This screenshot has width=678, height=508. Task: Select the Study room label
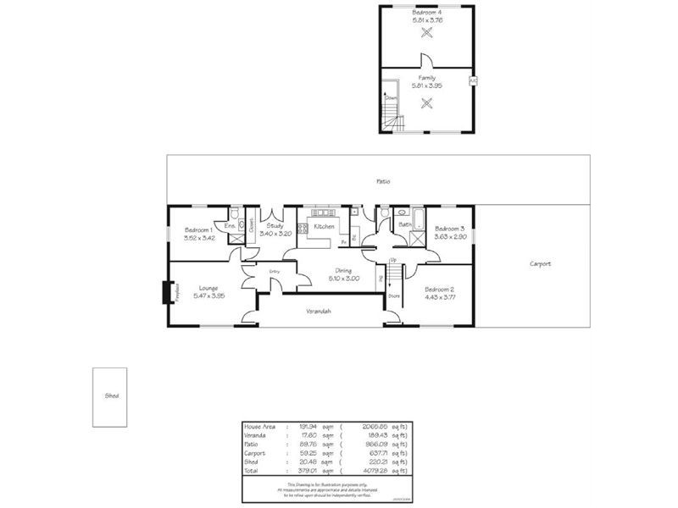point(275,226)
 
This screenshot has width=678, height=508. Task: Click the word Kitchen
point(325,227)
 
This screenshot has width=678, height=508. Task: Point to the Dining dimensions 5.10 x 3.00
point(342,278)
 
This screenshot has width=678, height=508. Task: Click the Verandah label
point(319,311)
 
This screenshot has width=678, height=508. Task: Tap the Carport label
point(540,264)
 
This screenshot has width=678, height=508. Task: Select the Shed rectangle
point(110,396)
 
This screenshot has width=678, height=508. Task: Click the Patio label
point(383,181)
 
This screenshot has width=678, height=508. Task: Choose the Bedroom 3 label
point(450,229)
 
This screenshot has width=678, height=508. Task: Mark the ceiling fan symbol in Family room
point(427,103)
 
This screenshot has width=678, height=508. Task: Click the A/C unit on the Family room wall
point(473,81)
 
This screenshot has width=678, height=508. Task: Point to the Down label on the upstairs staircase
point(391,97)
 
